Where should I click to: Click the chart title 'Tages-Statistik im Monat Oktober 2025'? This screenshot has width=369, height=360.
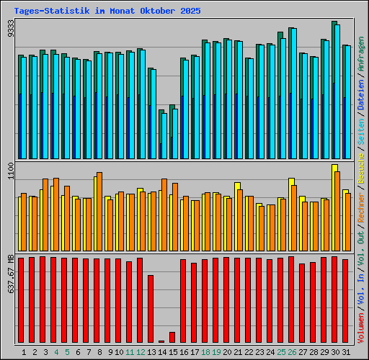[107, 12]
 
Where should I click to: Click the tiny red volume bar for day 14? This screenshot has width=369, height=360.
[161, 341]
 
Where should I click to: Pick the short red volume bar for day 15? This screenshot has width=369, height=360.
[172, 337]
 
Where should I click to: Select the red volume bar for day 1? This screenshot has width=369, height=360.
[21, 300]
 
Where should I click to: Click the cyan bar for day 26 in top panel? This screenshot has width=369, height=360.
[293, 94]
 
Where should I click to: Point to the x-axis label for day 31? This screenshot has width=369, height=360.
[345, 352]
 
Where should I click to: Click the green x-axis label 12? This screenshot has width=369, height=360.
[141, 352]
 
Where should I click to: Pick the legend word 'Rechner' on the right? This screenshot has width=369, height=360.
[361, 200]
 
